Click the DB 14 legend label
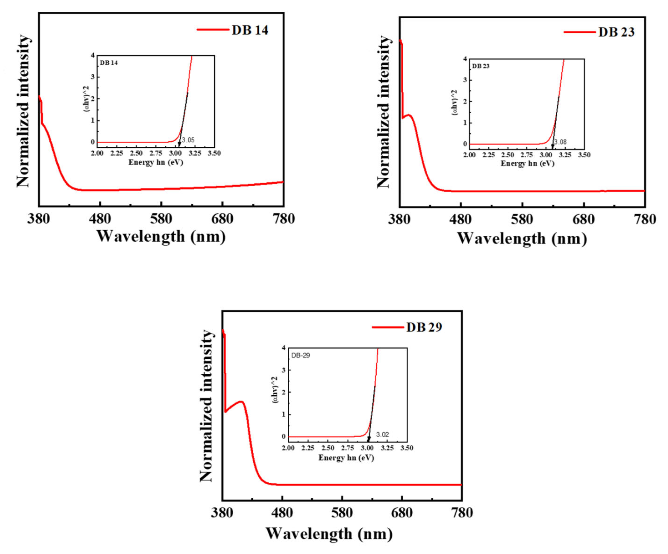click(250, 30)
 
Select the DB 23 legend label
click(616, 32)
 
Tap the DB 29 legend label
click(424, 327)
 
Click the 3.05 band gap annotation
click(188, 140)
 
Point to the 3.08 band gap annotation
click(560, 142)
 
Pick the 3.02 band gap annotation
click(382, 435)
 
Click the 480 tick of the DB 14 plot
click(100, 219)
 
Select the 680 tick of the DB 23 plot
click(584, 220)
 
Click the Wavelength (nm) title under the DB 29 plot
click(329, 534)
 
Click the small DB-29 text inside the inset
click(301, 355)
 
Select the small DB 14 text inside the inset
click(109, 63)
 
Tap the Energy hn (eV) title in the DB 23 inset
click(527, 164)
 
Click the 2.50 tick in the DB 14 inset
click(137, 153)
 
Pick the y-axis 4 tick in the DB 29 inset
click(284, 348)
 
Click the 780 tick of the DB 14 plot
click(284, 219)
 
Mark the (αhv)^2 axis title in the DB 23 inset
click(455, 102)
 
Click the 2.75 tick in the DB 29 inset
click(348, 448)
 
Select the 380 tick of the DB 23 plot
click(399, 220)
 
